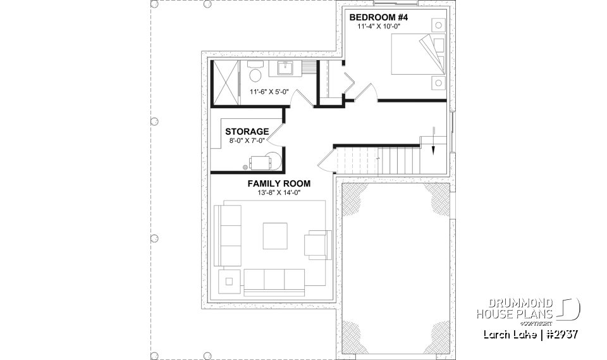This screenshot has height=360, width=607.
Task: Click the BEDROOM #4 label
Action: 379,18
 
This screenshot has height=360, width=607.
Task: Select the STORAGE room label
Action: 247,131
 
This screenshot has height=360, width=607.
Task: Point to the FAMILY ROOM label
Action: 279,183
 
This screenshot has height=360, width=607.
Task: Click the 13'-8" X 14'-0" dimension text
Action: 279,193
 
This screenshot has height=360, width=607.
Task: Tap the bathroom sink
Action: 281,68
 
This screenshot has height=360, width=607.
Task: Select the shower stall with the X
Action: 224,82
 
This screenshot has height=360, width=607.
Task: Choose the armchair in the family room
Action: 317,244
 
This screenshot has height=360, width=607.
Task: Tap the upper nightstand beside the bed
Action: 438,25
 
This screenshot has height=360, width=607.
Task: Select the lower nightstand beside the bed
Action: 438,81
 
